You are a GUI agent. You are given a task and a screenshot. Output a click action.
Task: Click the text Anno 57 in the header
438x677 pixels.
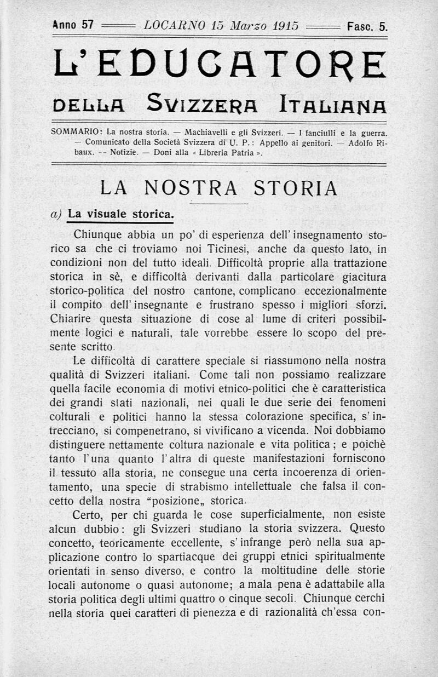click(x=73, y=25)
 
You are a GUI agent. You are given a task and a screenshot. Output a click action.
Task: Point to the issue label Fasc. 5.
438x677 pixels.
click(x=366, y=26)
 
